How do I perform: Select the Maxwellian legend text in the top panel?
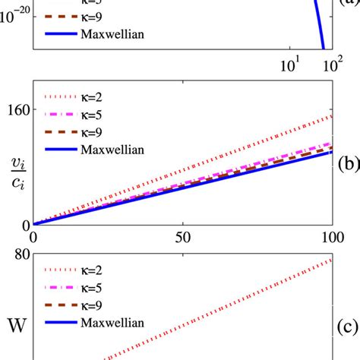[x=112, y=34]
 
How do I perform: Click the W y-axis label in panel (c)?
[x=14, y=328]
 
